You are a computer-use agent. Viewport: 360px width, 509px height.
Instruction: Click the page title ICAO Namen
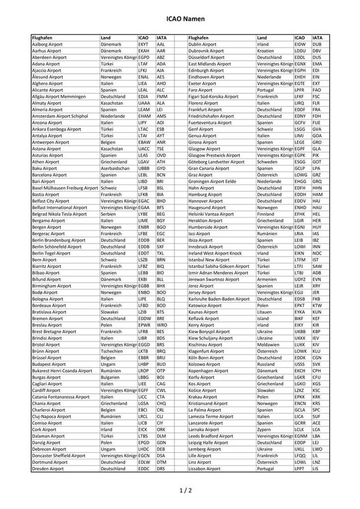pyautogui.click(x=180, y=20)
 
